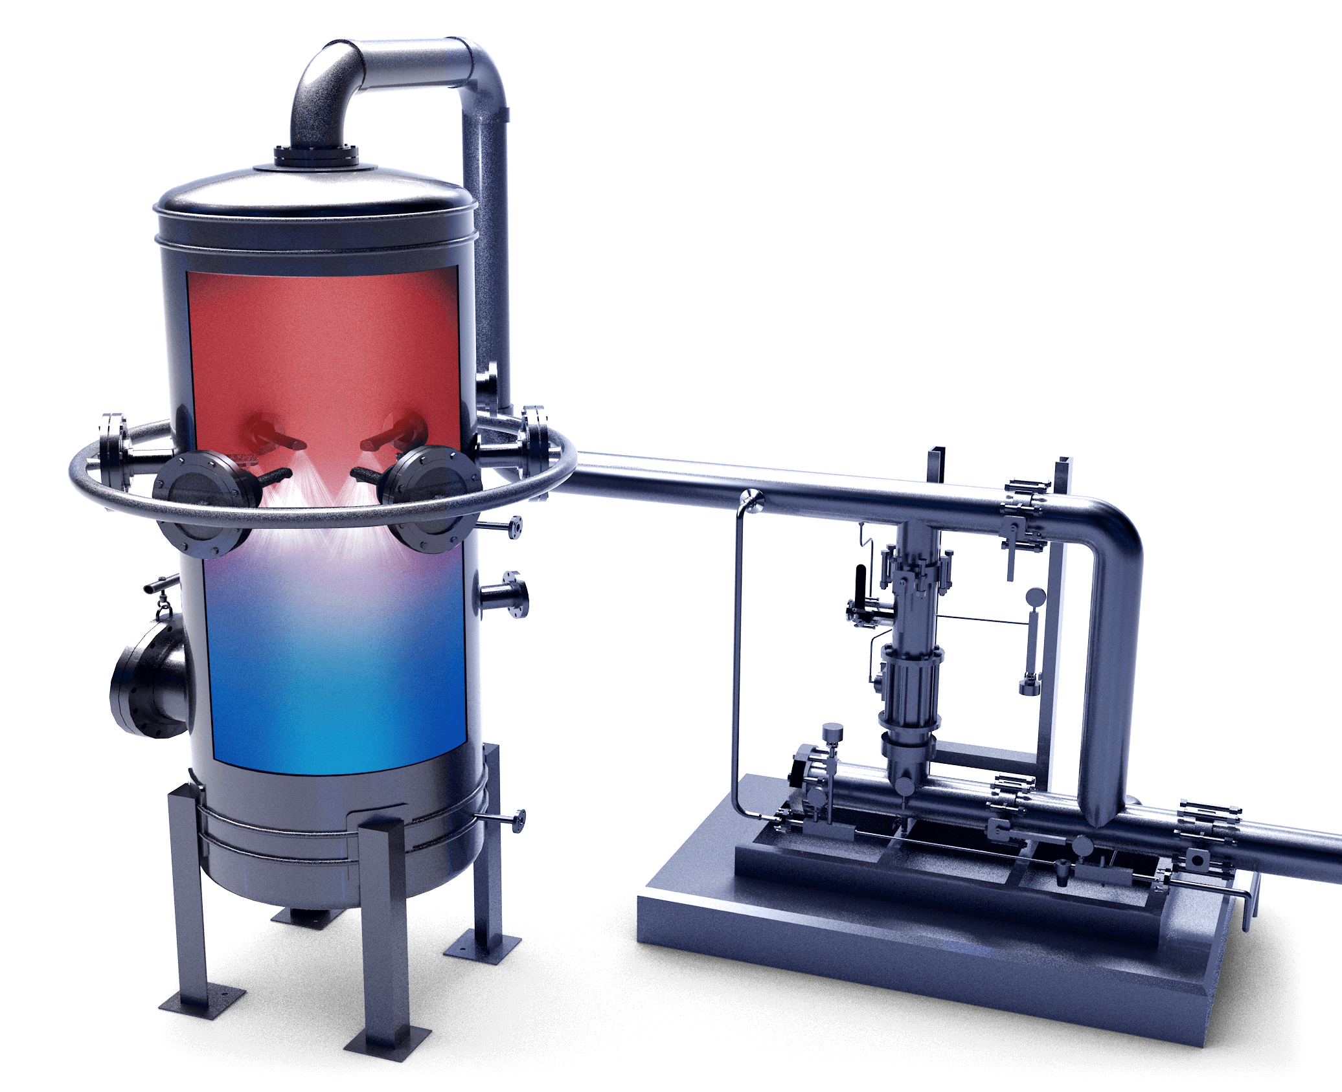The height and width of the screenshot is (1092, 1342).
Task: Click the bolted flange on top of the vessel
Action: (316, 155)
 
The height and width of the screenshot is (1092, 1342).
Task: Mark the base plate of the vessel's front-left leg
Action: (202, 1010)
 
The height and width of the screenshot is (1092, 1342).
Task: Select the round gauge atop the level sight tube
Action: (1035, 595)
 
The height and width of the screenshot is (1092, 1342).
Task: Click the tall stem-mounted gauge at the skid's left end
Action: (832, 735)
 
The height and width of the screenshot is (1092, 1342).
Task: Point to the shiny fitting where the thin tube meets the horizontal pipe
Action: (751, 498)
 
